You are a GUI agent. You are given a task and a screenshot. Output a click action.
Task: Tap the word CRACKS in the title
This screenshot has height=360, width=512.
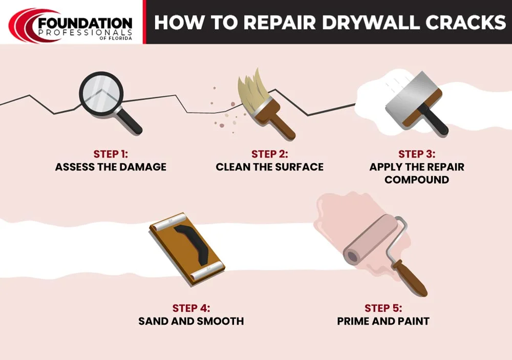465,22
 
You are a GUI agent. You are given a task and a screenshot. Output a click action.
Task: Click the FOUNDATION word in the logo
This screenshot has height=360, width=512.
85,24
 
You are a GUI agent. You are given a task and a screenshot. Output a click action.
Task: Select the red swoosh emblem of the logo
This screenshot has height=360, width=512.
25,25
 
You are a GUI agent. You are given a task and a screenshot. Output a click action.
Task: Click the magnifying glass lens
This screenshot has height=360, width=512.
101,94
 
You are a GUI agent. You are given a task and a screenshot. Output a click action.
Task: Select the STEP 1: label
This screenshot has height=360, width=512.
111,154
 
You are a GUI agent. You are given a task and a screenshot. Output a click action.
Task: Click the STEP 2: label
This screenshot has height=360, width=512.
270,154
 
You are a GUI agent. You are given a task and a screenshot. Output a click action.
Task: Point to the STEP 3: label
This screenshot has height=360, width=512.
417,154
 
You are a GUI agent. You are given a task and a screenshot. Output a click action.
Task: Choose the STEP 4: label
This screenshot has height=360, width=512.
191,308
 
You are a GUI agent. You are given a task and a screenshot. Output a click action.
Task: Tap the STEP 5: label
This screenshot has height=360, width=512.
383,308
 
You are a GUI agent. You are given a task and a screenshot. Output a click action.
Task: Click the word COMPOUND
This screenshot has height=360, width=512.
417,180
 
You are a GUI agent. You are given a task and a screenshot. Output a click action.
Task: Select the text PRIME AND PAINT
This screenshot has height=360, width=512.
383,321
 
